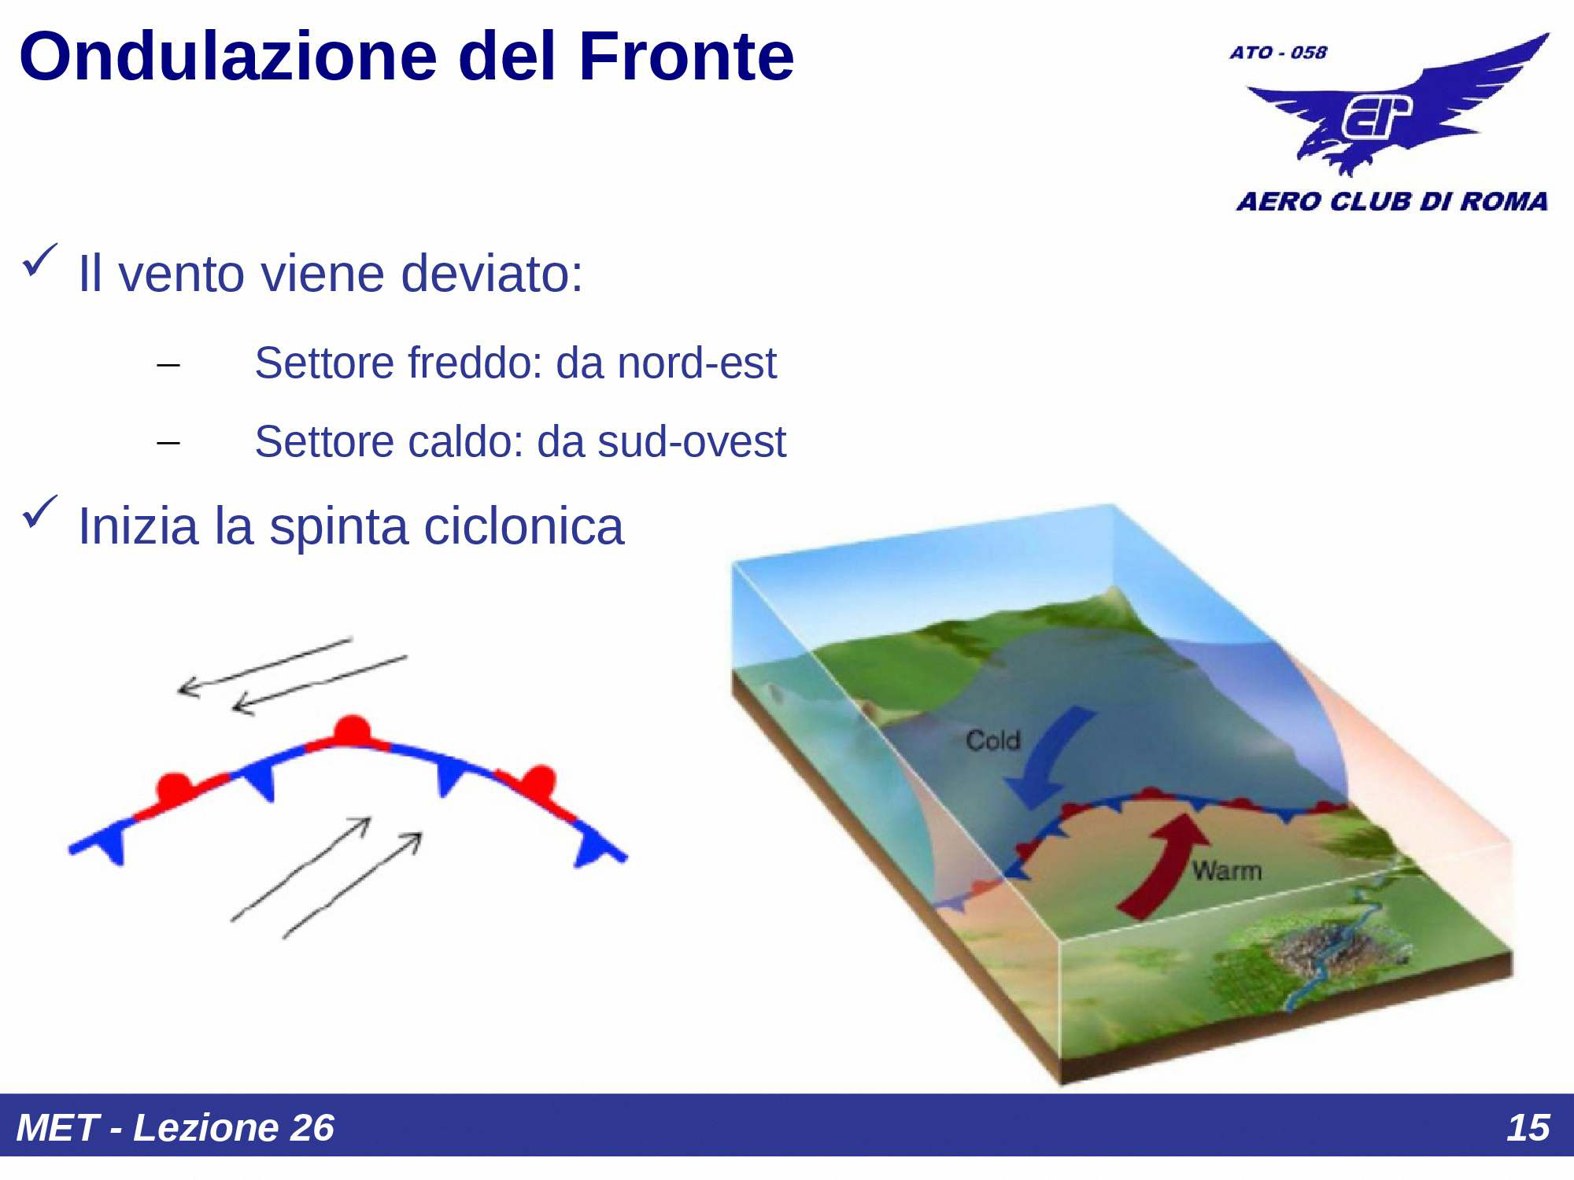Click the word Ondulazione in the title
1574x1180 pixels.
click(227, 57)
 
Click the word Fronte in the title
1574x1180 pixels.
click(685, 57)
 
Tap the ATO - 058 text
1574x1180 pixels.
click(1278, 53)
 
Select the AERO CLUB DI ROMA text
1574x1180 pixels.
click(1391, 201)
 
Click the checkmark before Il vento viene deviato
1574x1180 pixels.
click(39, 260)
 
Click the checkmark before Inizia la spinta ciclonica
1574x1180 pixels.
click(39, 512)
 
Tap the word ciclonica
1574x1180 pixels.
click(523, 526)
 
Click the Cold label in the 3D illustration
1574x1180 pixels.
click(992, 740)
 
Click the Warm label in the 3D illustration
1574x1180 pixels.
click(1226, 871)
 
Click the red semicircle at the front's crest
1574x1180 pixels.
click(352, 730)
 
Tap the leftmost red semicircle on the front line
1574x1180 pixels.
click(174, 787)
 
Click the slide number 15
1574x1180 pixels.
click(1527, 1127)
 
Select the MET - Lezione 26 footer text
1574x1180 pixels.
click(175, 1127)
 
